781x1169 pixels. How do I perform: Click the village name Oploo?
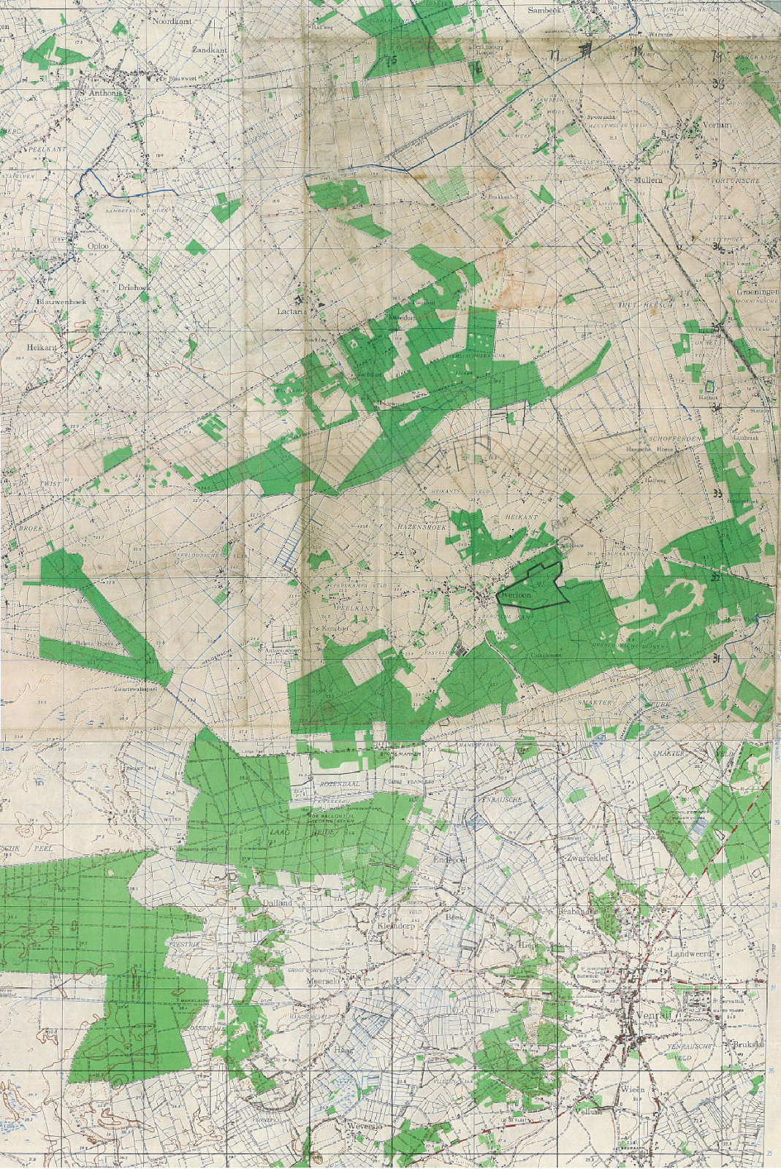coord(98,246)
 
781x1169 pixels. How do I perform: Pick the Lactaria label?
coord(289,311)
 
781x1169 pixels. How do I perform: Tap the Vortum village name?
coord(717,125)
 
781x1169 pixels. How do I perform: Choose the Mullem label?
coord(648,179)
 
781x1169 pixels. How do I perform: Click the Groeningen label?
coord(758,292)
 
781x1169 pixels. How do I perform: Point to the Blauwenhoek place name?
coord(62,301)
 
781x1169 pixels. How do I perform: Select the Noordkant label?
coord(170,21)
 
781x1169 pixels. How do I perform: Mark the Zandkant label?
coord(210,50)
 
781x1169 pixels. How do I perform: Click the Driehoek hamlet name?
coord(135,287)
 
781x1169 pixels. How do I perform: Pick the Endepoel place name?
coord(450,861)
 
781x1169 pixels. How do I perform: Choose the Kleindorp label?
coord(395,925)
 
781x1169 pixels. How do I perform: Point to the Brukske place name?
coord(749,1045)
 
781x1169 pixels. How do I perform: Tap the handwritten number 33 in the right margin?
coord(717,494)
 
